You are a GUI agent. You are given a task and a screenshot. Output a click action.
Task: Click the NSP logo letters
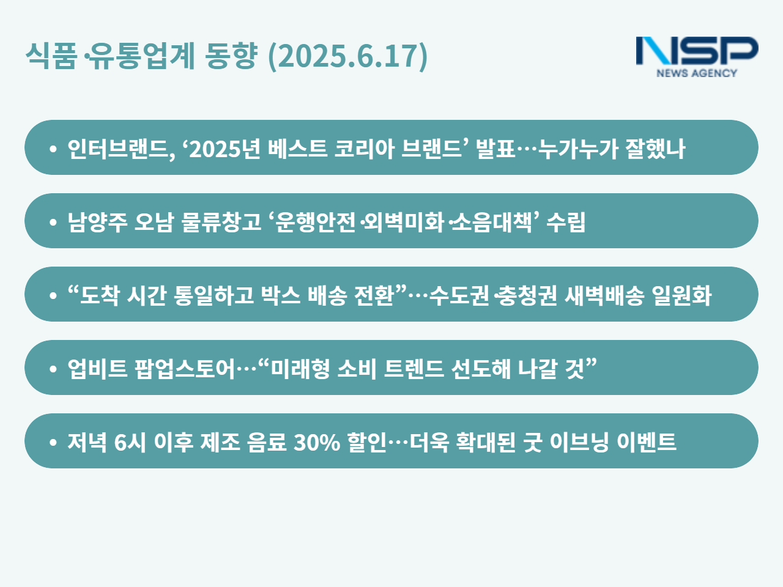[697, 51]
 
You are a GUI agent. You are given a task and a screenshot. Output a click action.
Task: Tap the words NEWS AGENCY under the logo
[697, 73]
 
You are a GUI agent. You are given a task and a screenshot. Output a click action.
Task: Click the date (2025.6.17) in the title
[347, 56]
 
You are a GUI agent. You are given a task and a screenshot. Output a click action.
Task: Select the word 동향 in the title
[231, 56]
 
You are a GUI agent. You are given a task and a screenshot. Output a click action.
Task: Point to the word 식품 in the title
[51, 56]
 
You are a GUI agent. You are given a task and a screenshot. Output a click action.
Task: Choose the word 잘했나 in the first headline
[655, 148]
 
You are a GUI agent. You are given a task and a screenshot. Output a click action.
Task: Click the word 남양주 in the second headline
[97, 222]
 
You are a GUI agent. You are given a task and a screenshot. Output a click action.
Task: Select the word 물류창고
[221, 222]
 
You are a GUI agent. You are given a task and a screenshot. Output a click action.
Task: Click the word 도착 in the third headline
[99, 295]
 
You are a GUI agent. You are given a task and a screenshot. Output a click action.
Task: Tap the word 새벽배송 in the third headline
[604, 295]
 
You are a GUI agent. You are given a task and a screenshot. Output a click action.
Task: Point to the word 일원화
[681, 295]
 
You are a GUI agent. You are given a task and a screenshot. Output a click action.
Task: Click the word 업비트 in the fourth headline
[97, 369]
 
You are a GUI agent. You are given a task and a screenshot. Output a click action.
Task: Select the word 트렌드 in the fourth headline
[414, 369]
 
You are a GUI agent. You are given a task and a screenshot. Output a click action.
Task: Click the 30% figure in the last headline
[317, 442]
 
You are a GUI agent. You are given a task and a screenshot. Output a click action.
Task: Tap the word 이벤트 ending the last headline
[647, 442]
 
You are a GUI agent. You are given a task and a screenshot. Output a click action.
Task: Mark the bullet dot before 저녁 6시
[53, 442]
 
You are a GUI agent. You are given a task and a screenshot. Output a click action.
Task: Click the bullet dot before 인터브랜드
[53, 149]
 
